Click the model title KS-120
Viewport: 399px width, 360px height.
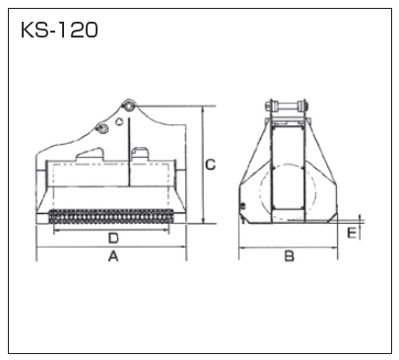(x=59, y=31)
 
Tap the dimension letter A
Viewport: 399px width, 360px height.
(x=113, y=256)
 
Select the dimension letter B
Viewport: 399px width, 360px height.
(x=289, y=255)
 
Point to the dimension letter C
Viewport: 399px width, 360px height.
(x=211, y=165)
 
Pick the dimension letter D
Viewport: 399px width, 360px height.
(x=113, y=238)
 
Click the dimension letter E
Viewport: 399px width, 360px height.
(x=352, y=234)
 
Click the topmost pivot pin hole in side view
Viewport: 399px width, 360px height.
(x=129, y=106)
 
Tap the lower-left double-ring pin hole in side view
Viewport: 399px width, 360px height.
(x=101, y=128)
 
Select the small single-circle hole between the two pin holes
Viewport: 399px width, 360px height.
(x=119, y=121)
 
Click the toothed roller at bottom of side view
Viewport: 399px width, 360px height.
(x=111, y=216)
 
